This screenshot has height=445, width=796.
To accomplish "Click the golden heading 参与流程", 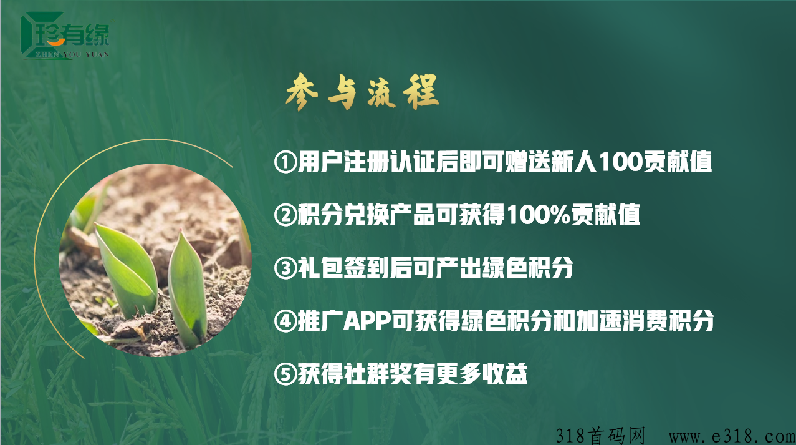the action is point(362,92).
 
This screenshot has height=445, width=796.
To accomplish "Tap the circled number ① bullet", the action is point(285,162).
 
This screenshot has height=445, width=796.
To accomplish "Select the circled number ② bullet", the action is point(285,215).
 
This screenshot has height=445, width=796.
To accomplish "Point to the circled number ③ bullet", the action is point(285,268).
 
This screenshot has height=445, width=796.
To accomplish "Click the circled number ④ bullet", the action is point(285,321).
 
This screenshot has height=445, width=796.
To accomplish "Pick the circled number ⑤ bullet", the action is point(285,373).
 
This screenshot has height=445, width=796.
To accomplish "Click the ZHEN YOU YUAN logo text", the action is point(72,54).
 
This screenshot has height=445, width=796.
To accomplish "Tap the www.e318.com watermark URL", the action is point(732,436).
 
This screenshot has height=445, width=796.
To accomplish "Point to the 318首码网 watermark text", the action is point(600,436).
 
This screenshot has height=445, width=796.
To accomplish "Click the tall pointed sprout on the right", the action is point(187,288).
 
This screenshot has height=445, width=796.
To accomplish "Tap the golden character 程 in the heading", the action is point(421,91).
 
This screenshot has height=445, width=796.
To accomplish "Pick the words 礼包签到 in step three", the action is point(343,268).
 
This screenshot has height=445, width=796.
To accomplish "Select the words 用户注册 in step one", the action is point(343,162).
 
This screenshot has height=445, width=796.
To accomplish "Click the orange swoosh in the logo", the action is point(56,43).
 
